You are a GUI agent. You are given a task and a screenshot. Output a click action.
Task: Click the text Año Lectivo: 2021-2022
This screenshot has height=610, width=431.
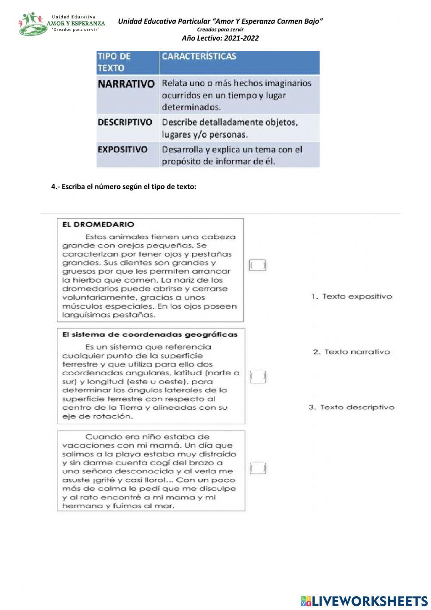220,38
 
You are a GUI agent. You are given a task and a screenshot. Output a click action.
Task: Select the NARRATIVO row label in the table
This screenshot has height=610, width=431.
126,84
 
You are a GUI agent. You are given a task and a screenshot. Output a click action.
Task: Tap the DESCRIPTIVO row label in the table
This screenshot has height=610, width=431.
125,122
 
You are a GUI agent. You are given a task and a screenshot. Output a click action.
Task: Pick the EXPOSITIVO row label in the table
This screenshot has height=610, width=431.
122,149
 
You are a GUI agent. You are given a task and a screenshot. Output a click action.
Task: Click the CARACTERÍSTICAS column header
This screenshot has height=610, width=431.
199,56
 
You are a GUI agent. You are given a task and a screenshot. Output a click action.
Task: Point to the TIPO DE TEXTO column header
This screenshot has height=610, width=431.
114,62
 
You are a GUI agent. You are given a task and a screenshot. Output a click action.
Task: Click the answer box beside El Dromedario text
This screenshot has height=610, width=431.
257,265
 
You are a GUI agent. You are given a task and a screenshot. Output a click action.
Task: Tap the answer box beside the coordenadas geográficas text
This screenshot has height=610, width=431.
258,377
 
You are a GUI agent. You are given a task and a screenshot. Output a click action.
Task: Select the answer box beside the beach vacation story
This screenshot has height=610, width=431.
258,468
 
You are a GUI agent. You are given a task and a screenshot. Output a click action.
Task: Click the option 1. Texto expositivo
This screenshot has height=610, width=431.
352,297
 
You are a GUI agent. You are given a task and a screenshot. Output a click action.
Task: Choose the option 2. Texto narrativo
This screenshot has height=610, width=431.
351,352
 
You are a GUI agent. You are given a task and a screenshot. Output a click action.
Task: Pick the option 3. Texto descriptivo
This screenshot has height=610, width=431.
351,407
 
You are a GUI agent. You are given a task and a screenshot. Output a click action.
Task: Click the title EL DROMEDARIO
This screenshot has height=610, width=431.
98,224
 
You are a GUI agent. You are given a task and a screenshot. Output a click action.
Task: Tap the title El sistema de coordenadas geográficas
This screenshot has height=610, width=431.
150,335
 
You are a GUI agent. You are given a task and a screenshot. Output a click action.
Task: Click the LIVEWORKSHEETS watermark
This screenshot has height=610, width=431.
364,601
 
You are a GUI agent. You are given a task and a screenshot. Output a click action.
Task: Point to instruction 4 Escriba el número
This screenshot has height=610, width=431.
124,187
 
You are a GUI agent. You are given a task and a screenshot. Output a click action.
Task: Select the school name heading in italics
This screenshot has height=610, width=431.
220,21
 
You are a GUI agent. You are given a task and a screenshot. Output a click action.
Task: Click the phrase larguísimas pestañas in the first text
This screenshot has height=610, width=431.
109,315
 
